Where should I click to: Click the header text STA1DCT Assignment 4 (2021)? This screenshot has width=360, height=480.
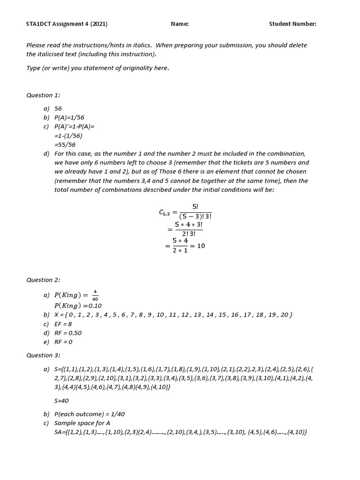point(69,24)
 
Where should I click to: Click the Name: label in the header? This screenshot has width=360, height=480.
point(180,24)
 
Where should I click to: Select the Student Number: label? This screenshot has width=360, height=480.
point(292,24)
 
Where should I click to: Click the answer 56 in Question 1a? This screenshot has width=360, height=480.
point(58,109)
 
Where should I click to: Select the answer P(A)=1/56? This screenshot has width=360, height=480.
point(69,118)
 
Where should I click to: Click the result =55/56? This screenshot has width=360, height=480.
point(65,145)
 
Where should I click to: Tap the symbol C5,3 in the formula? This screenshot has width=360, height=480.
point(164,212)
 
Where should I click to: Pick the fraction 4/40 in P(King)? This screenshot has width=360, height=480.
point(95,295)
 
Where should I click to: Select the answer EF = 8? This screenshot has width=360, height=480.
point(63,324)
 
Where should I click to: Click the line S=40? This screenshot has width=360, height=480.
point(61,401)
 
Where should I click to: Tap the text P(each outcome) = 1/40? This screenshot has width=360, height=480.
point(90,414)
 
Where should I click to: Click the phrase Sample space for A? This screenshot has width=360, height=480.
point(82,423)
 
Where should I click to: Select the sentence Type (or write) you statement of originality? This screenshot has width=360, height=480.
point(97,68)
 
